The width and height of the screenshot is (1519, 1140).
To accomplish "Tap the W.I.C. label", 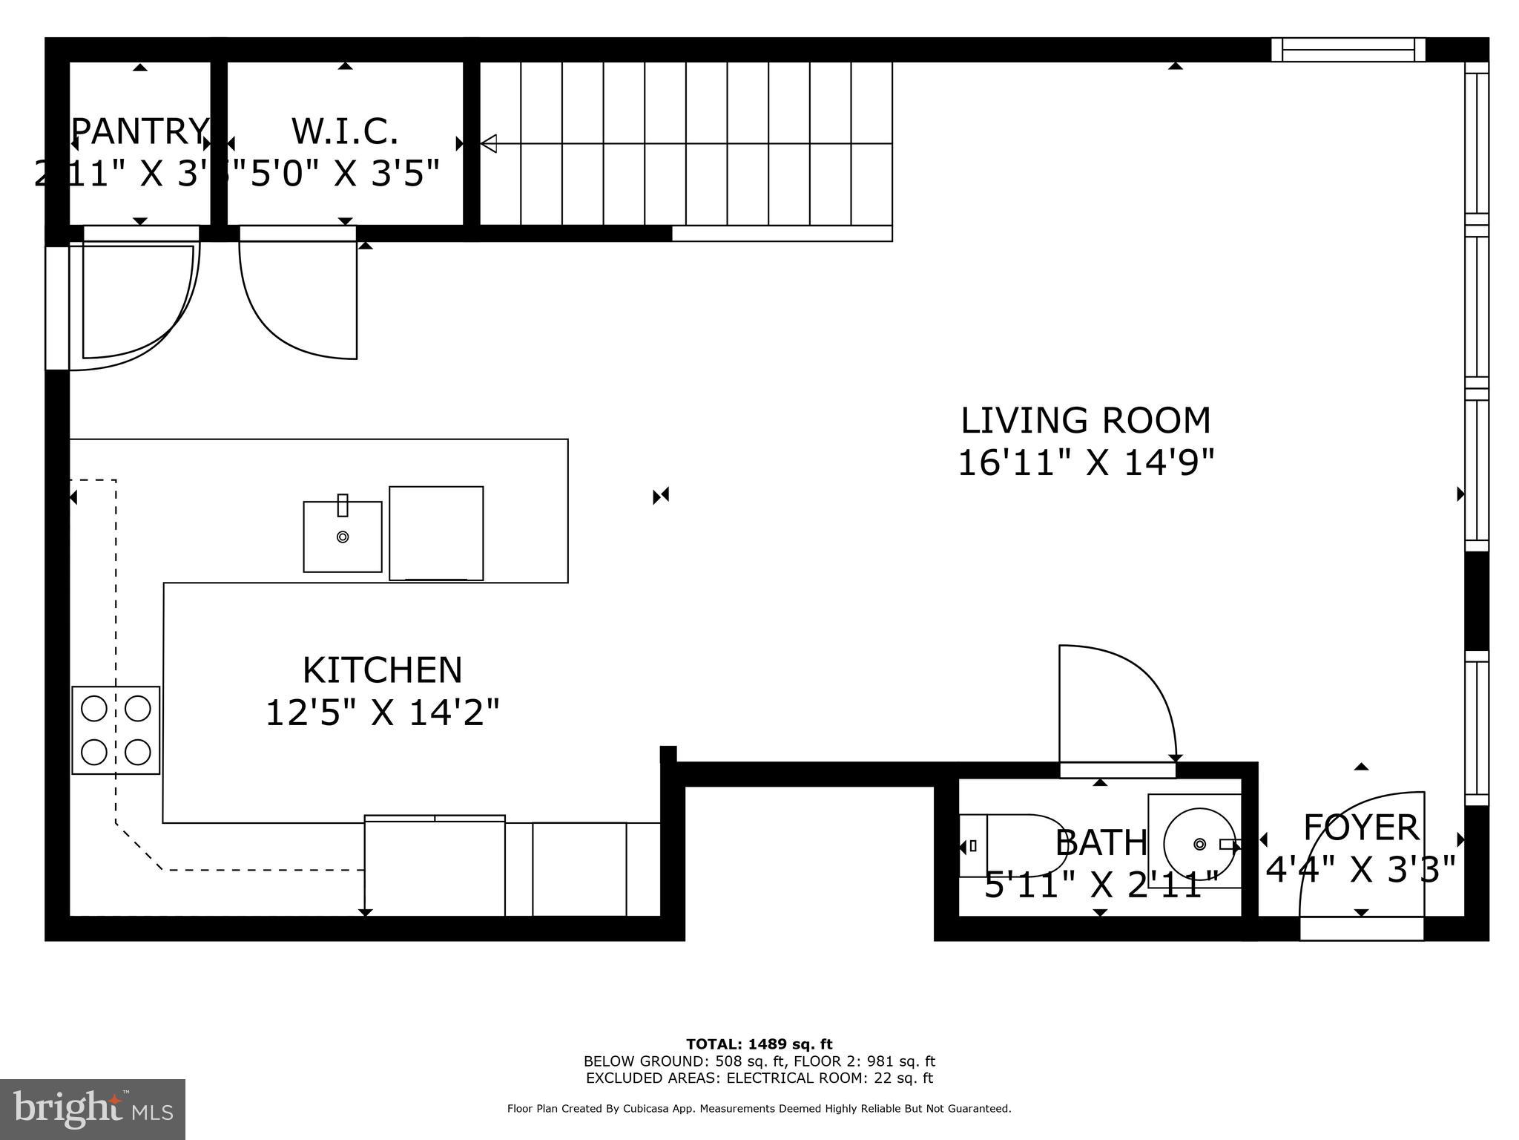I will click(345, 131).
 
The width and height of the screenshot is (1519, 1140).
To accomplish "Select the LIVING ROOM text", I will click(1085, 421).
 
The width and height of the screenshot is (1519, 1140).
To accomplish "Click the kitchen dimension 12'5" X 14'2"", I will click(382, 713).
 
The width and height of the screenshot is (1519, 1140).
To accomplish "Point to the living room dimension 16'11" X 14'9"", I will click(1085, 464).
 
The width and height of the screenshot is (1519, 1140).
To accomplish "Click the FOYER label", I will click(1360, 827).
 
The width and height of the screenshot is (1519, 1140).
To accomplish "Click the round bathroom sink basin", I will click(1199, 844).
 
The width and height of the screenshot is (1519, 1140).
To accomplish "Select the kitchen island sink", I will click(343, 537).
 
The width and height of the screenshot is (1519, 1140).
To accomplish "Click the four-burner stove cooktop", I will click(116, 730).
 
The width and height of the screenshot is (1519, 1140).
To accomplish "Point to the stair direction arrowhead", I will click(489, 143).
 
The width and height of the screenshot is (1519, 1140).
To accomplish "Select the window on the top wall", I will click(1348, 50).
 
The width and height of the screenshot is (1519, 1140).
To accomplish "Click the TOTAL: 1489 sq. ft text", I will click(759, 1044).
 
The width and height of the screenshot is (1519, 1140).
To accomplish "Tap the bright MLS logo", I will click(93, 1109).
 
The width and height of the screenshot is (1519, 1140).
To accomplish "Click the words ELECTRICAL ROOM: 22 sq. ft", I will click(829, 1078).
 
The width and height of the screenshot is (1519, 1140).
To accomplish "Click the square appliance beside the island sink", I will click(436, 533).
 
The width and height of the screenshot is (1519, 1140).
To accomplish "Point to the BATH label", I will click(1101, 842).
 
